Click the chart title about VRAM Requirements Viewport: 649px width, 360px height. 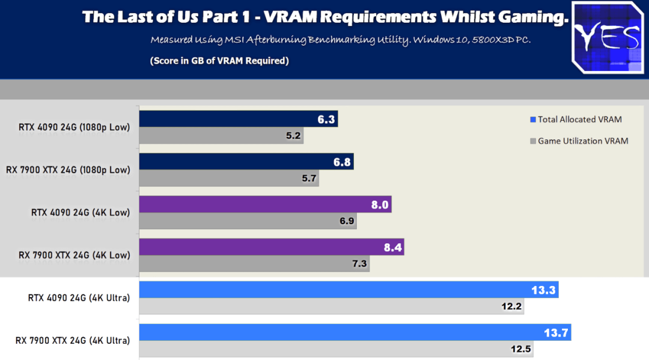[x=325, y=17]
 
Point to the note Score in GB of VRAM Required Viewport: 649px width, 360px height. [x=219, y=61]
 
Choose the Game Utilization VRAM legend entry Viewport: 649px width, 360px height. [x=579, y=141]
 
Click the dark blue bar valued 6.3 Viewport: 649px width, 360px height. [x=238, y=119]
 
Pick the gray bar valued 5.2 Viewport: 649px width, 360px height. [x=221, y=136]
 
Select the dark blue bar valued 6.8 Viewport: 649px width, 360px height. [x=246, y=162]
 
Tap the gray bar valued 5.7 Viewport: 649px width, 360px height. [x=228, y=178]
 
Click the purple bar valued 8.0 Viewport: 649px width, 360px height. [x=264, y=204]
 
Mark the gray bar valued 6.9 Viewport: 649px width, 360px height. [x=248, y=221]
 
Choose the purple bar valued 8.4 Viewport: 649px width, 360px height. [x=271, y=247]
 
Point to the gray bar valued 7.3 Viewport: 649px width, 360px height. [x=254, y=264]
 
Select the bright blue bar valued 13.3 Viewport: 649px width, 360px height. [x=349, y=290]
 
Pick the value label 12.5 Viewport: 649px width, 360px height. [x=520, y=349]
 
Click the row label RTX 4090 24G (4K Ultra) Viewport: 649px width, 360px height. [x=79, y=297]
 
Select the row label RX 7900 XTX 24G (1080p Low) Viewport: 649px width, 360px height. [x=68, y=169]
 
